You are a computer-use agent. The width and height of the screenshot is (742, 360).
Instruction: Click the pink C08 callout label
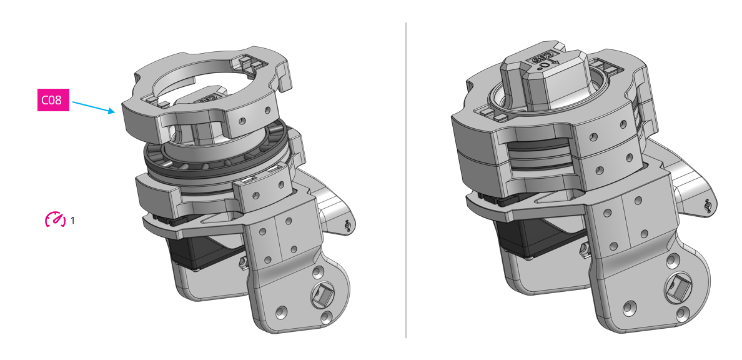52,100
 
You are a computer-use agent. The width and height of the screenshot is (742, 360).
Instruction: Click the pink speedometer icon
55,219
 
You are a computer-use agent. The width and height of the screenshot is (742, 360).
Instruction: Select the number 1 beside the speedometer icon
73,221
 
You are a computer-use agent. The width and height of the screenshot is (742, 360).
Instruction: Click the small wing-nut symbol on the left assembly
348,225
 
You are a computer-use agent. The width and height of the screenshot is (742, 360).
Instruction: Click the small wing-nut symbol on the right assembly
706,206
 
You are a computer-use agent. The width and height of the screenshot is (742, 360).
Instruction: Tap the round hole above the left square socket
317,271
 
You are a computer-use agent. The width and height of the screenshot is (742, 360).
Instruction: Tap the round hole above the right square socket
672,259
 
